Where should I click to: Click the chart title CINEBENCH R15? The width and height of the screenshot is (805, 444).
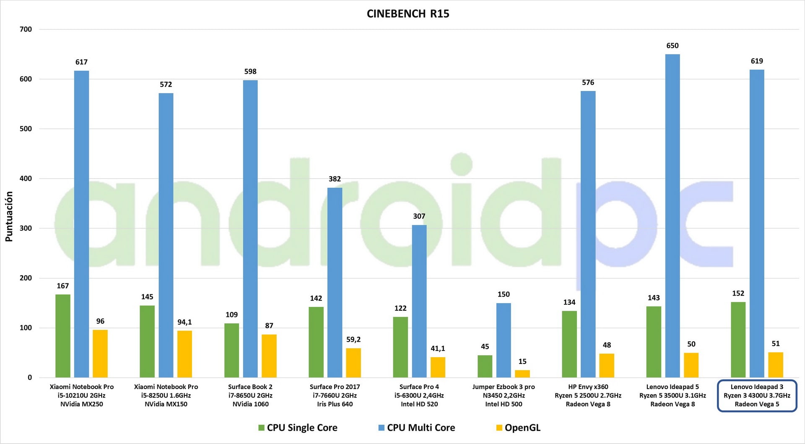[408, 14]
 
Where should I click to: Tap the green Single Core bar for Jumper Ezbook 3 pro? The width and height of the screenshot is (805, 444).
[485, 366]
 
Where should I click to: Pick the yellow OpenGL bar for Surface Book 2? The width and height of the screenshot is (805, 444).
[269, 356]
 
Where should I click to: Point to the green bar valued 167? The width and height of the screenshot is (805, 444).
[63, 336]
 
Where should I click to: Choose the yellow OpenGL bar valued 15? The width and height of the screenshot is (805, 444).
[522, 374]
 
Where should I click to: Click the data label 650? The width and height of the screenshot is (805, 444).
[672, 46]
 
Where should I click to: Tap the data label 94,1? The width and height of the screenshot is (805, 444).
[184, 322]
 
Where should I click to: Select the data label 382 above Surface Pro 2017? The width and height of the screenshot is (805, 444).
[335, 179]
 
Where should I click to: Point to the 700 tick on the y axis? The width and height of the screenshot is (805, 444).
[26, 29]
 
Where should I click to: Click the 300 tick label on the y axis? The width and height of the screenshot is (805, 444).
[26, 228]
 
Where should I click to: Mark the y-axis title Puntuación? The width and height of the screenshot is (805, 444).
[9, 216]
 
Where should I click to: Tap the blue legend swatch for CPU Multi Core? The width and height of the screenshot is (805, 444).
[381, 428]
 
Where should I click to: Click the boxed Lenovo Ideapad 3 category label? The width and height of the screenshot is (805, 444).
[757, 395]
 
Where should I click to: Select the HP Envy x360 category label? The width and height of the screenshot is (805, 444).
[588, 395]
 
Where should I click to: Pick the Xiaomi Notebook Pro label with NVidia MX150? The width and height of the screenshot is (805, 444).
[166, 395]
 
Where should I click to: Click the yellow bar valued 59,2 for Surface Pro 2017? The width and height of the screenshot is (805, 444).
[353, 363]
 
